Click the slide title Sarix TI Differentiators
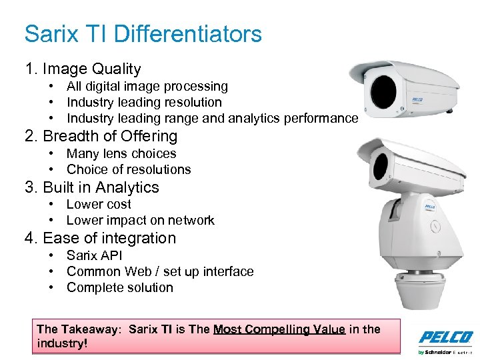pos(143,33)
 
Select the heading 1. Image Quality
pos(83,69)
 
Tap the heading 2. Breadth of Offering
pos(101,136)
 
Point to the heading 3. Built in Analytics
pos(92,187)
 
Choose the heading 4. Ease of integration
pos(100,238)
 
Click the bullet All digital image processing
pos(147,86)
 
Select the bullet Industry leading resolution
pos(144,102)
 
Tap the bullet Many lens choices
pos(121,153)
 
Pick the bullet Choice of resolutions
pos(129,169)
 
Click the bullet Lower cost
pos(99,204)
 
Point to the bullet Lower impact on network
pos(140,220)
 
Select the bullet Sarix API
pos(95,255)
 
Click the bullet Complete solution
pos(120,287)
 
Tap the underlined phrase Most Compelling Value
pos(279,329)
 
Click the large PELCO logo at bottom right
pos(445,337)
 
